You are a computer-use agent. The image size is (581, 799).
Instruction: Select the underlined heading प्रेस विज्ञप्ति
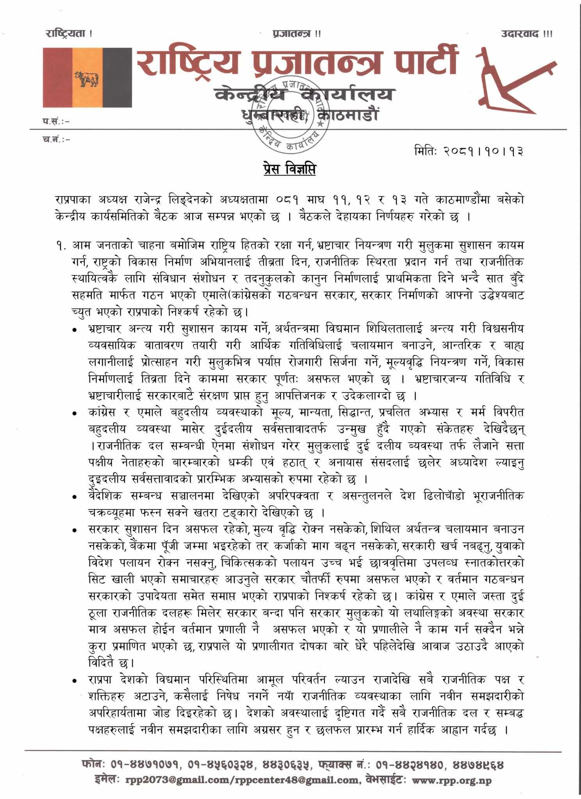click(290, 170)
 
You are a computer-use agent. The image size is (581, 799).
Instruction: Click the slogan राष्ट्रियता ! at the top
click(69, 34)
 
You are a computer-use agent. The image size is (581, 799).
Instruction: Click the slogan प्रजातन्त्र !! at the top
click(297, 34)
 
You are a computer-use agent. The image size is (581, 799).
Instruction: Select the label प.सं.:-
click(57, 122)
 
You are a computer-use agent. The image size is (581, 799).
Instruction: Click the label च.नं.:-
click(57, 139)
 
